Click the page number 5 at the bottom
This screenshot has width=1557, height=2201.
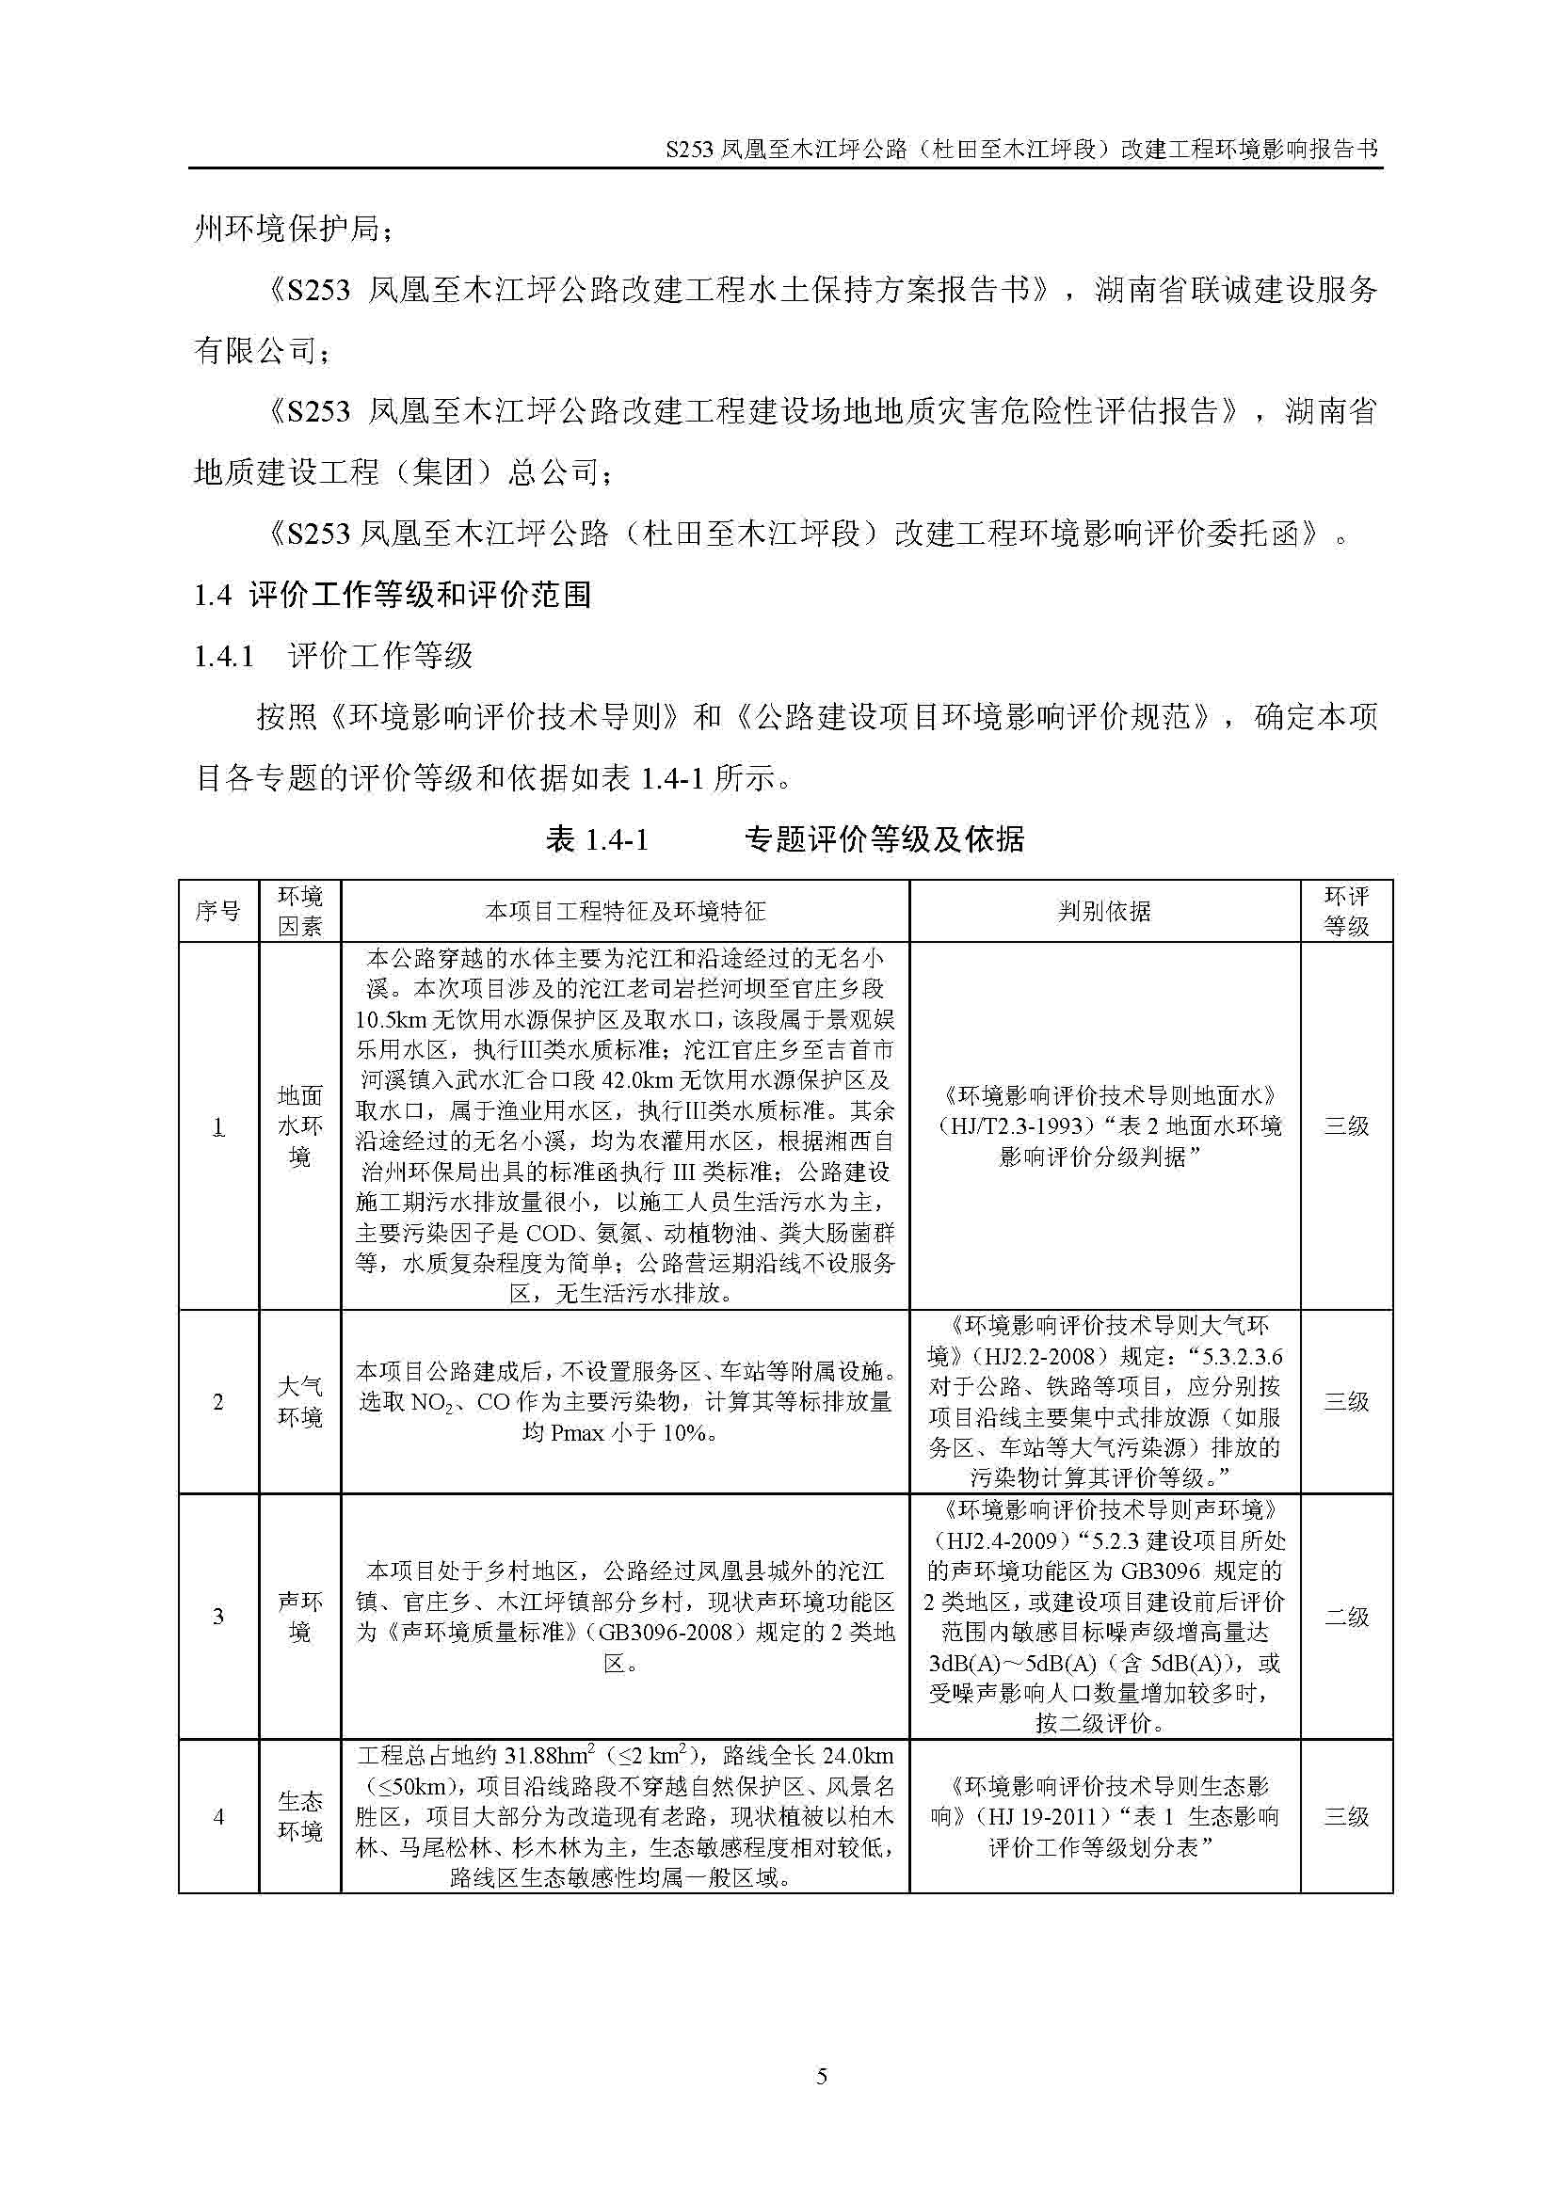point(821,2077)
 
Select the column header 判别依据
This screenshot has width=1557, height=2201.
point(1103,911)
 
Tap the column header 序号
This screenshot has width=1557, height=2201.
point(217,911)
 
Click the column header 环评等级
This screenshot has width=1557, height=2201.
point(1346,911)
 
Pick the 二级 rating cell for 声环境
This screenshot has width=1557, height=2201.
point(1346,1618)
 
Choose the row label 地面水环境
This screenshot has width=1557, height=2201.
point(299,1125)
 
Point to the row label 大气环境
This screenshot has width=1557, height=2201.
point(299,1401)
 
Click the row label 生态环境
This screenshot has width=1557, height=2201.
point(299,1816)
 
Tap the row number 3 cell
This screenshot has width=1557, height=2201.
point(217,1618)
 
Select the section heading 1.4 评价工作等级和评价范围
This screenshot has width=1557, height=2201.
point(393,596)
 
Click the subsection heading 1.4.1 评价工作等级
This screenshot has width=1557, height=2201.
point(332,657)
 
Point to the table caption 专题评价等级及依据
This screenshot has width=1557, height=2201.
point(884,839)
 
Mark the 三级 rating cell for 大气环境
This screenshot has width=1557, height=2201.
point(1346,1401)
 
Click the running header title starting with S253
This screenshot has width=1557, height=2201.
point(1021,150)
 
